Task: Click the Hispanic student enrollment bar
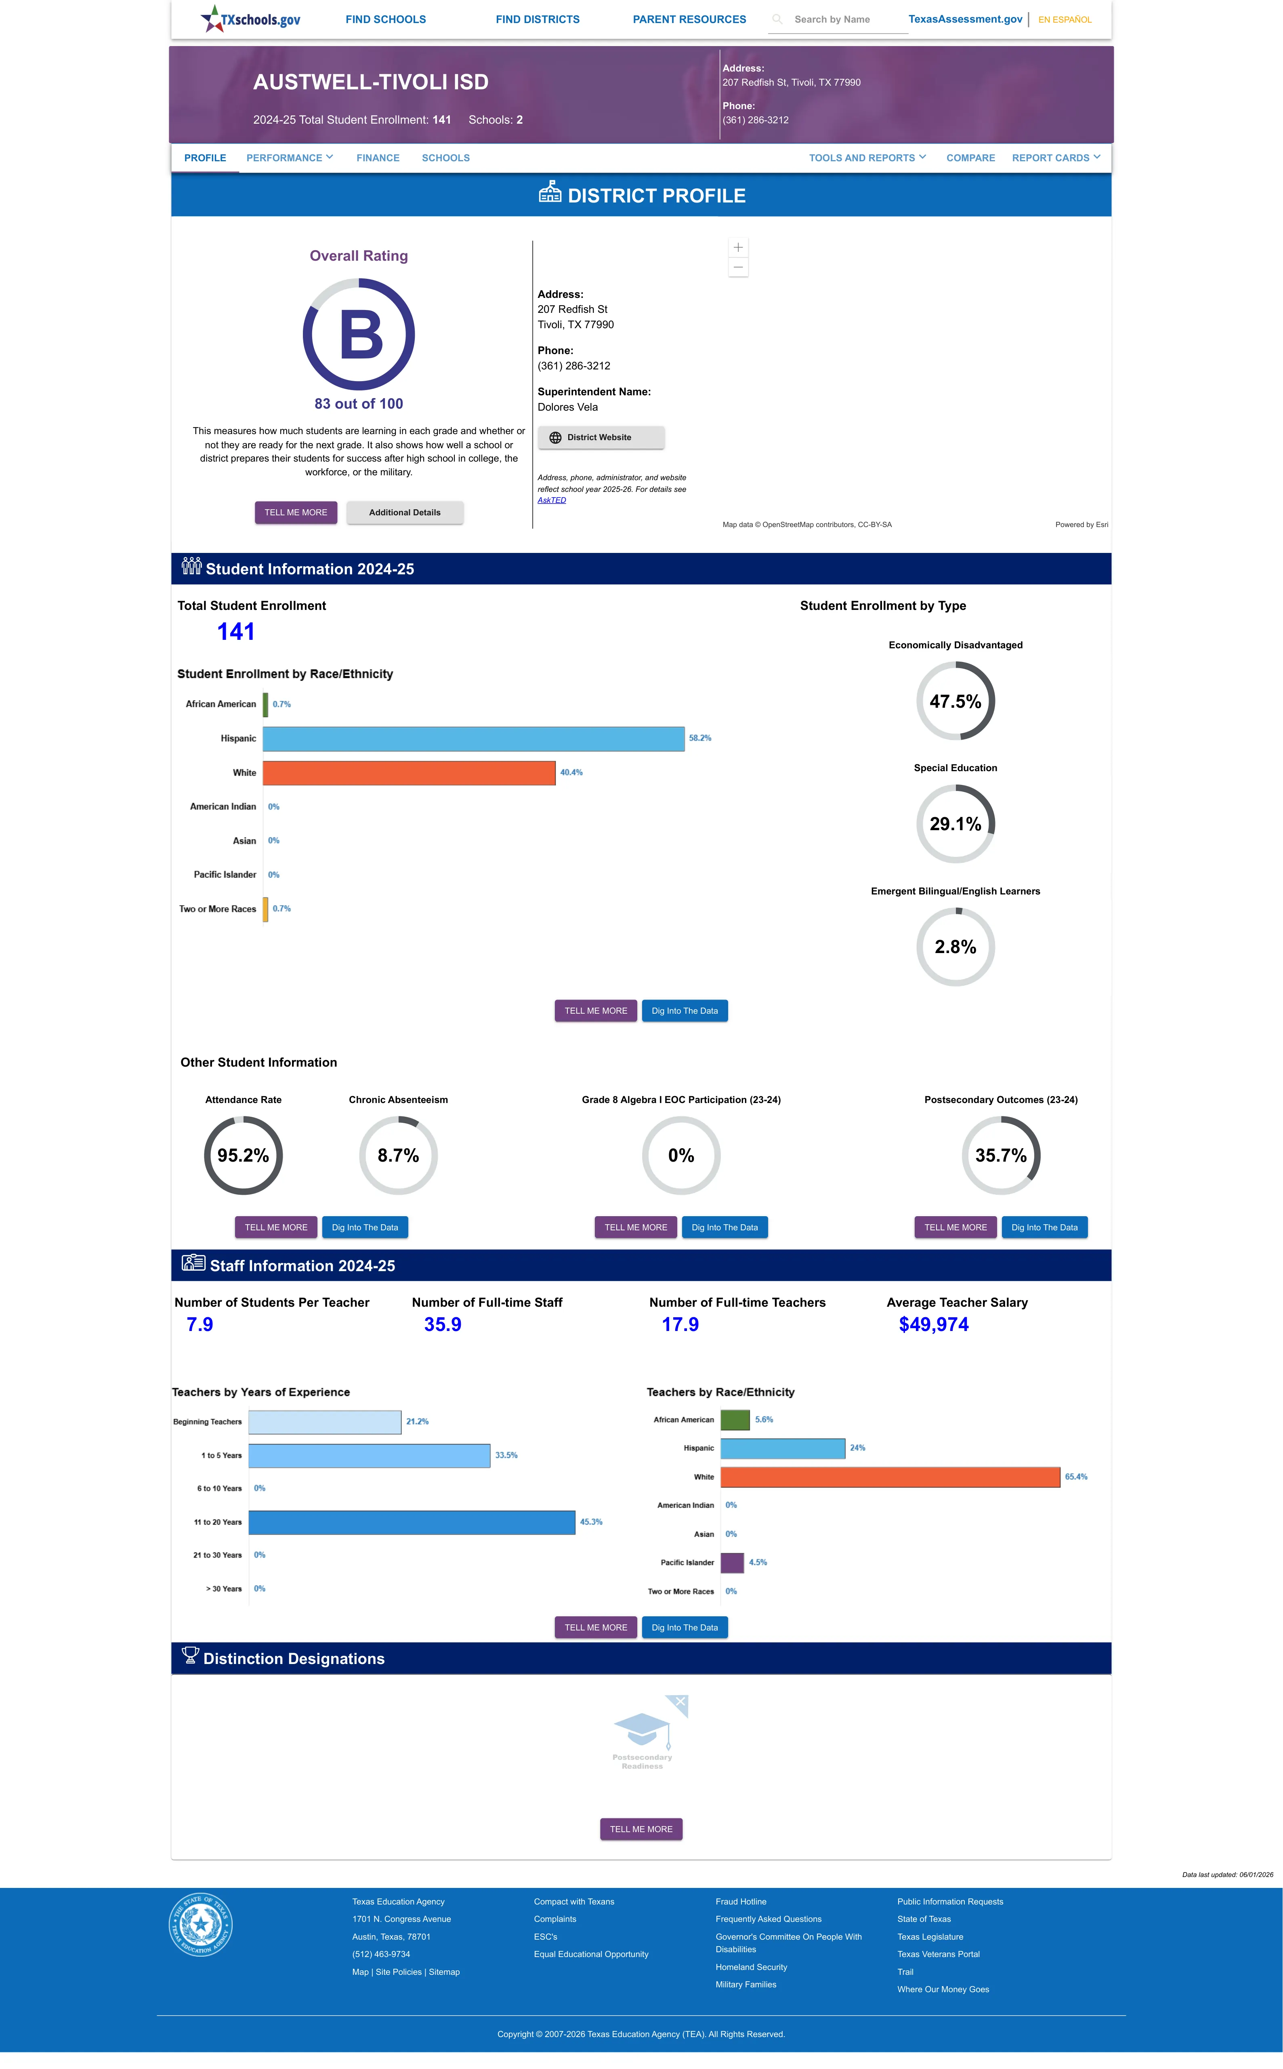pyautogui.click(x=473, y=738)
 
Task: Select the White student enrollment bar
pyautogui.click(x=409, y=772)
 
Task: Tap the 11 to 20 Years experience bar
pyautogui.click(x=412, y=1522)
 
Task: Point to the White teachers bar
pyautogui.click(x=890, y=1477)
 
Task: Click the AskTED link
pyautogui.click(x=552, y=500)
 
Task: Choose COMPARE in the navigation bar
pyautogui.click(x=971, y=158)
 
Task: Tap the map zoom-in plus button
pyautogui.click(x=738, y=247)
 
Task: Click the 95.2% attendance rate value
pyautogui.click(x=244, y=1156)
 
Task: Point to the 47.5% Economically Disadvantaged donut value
pyautogui.click(x=955, y=701)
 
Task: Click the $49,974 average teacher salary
pyautogui.click(x=933, y=1324)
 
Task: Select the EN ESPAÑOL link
pyautogui.click(x=1065, y=19)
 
